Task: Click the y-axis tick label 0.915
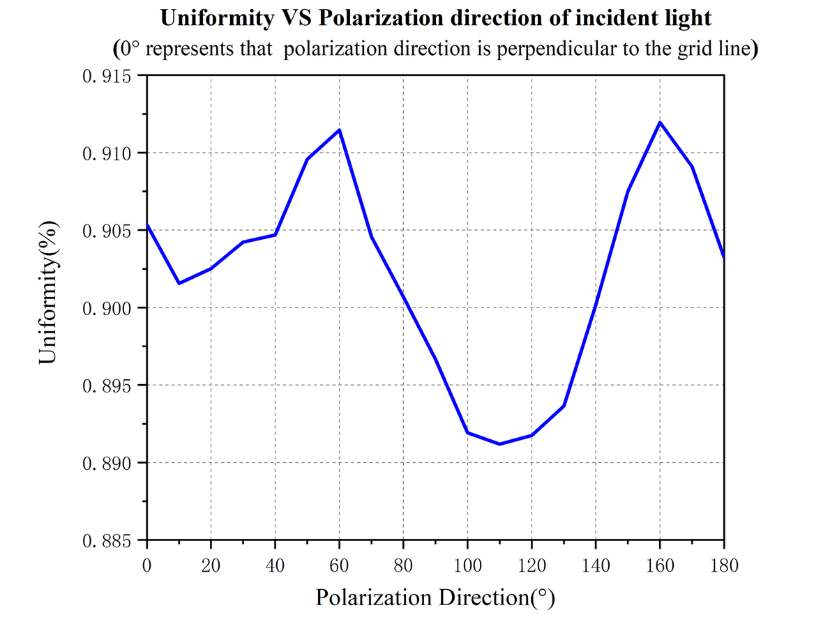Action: [107, 76]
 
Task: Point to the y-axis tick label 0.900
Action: [107, 308]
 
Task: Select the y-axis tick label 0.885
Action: [107, 540]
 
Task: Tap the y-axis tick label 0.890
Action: [107, 463]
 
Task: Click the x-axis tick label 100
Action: [467, 565]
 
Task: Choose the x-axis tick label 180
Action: [724, 565]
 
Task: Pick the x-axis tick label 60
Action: [339, 565]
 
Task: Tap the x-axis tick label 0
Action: [146, 565]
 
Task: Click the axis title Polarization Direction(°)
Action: [435, 597]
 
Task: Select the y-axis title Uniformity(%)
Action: [48, 292]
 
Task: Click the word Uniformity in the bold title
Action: [217, 18]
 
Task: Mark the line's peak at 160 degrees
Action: [660, 122]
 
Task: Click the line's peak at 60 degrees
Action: [340, 130]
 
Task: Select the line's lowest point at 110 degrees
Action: [499, 444]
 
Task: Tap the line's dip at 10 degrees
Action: [179, 283]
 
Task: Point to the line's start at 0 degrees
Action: [147, 224]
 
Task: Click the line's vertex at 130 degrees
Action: [564, 406]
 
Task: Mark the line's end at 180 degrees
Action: [723, 258]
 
